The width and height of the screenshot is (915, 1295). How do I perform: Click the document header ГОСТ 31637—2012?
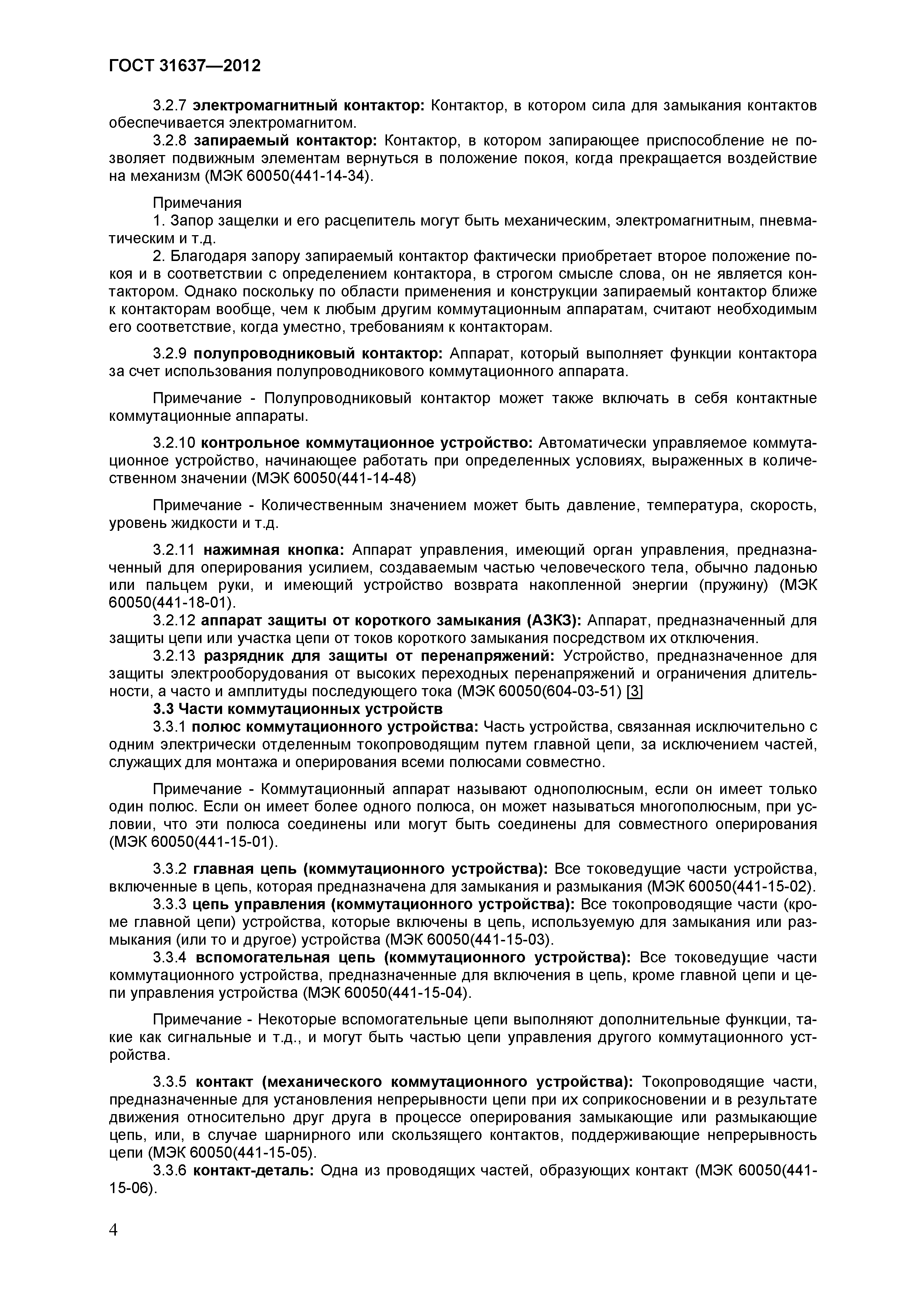tap(184, 66)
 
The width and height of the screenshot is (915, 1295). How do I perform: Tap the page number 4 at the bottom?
tap(113, 1246)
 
